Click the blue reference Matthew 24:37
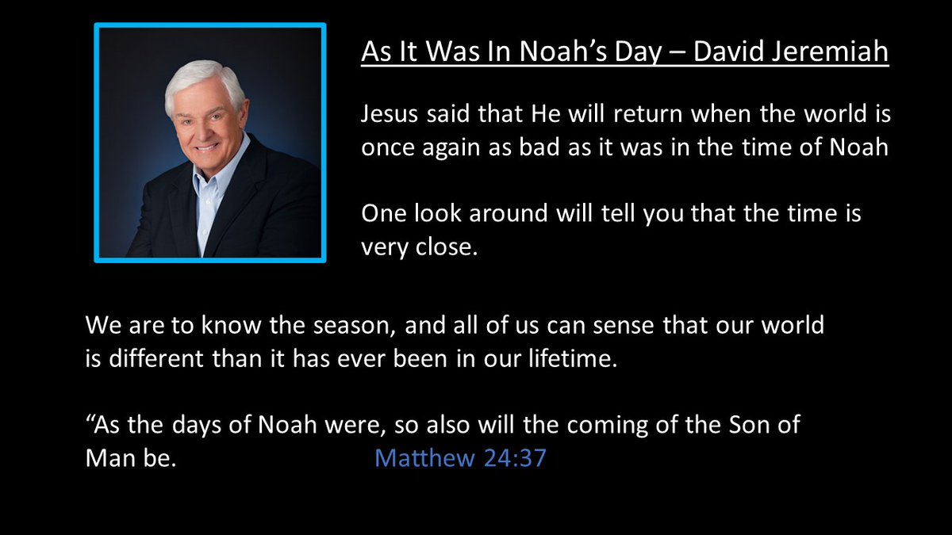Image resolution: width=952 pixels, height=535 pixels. [x=460, y=458]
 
